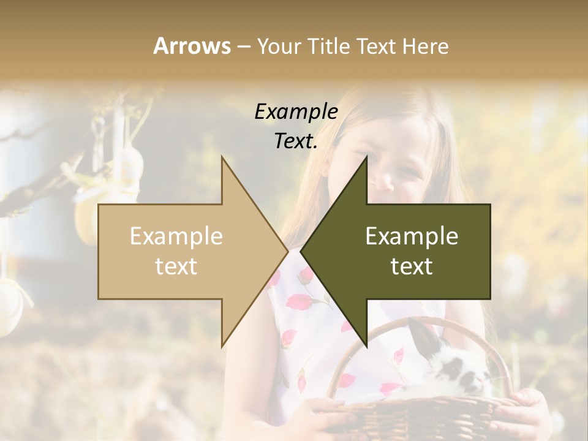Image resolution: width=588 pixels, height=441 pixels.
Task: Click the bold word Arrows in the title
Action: coord(192,46)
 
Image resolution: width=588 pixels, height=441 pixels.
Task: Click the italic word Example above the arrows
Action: coord(296,111)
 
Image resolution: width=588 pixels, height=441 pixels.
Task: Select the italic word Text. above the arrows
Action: coord(296,141)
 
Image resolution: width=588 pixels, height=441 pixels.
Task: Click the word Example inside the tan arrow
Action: coord(176,236)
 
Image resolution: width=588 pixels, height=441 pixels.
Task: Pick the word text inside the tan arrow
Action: coord(176,266)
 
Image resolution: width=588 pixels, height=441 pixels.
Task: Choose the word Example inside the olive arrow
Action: coord(412,236)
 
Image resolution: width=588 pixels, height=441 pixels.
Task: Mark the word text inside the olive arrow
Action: coord(412,266)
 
